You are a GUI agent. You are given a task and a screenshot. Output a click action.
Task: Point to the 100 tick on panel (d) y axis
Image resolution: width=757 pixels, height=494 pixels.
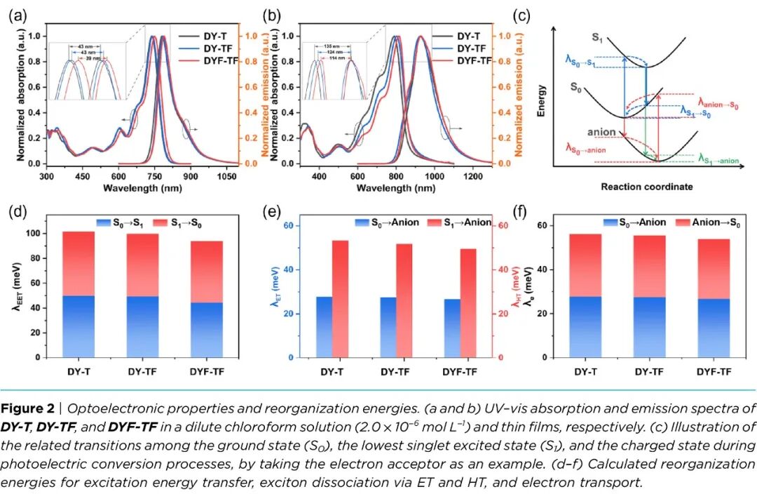pos(37,233)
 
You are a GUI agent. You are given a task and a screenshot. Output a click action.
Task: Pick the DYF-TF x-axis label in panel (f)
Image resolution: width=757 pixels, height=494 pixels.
pos(716,370)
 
